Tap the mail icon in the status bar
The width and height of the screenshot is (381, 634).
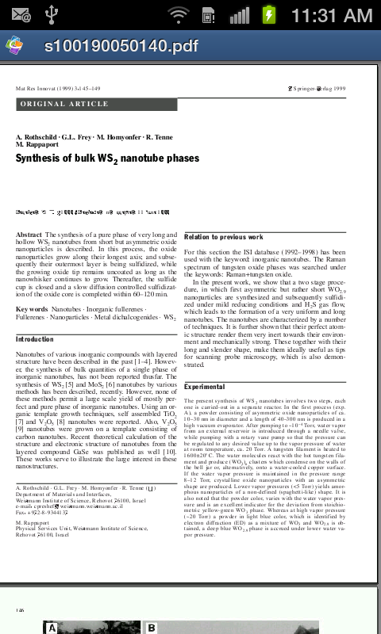[21, 15]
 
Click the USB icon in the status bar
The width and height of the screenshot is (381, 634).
[53, 15]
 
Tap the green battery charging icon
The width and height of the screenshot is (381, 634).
[270, 15]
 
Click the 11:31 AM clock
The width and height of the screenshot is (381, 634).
[331, 15]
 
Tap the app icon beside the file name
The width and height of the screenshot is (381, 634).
[15, 45]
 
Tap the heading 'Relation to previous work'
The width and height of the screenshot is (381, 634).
[223, 237]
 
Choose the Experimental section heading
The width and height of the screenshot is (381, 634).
[205, 386]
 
